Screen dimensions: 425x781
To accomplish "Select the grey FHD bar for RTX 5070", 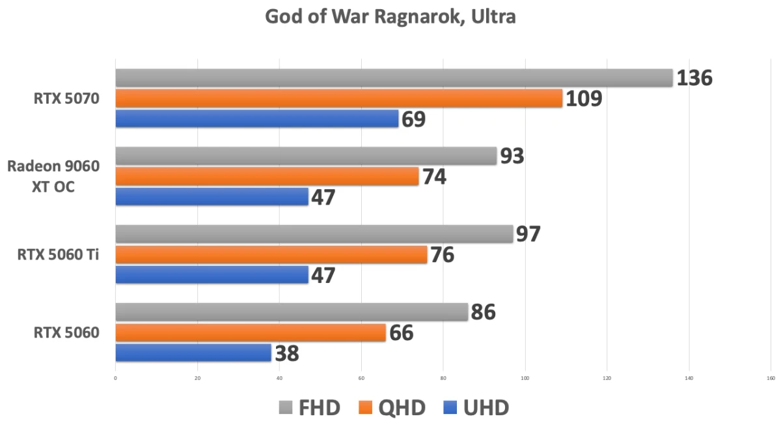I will [394, 78].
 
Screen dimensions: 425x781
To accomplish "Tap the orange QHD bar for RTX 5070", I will [338, 98].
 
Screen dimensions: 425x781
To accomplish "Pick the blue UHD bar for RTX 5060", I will [193, 353].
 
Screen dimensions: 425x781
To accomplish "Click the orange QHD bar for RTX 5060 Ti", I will [271, 255].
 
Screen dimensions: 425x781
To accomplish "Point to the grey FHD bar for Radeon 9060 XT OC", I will [306, 156].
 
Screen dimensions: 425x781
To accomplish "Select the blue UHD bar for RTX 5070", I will [256, 119].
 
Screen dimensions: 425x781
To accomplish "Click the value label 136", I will [694, 78].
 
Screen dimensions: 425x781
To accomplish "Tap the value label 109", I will [584, 99].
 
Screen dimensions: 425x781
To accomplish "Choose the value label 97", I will [528, 234].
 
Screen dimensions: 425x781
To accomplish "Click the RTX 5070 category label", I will [67, 99].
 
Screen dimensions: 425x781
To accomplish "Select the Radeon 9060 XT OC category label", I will [53, 177].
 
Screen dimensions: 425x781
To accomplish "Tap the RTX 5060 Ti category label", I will [59, 255].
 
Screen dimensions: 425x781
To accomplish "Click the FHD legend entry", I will [310, 408].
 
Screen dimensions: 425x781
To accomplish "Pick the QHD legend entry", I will [392, 408].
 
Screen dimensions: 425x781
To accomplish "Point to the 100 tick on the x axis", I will [525, 378].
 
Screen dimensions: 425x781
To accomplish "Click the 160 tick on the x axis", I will [771, 378].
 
